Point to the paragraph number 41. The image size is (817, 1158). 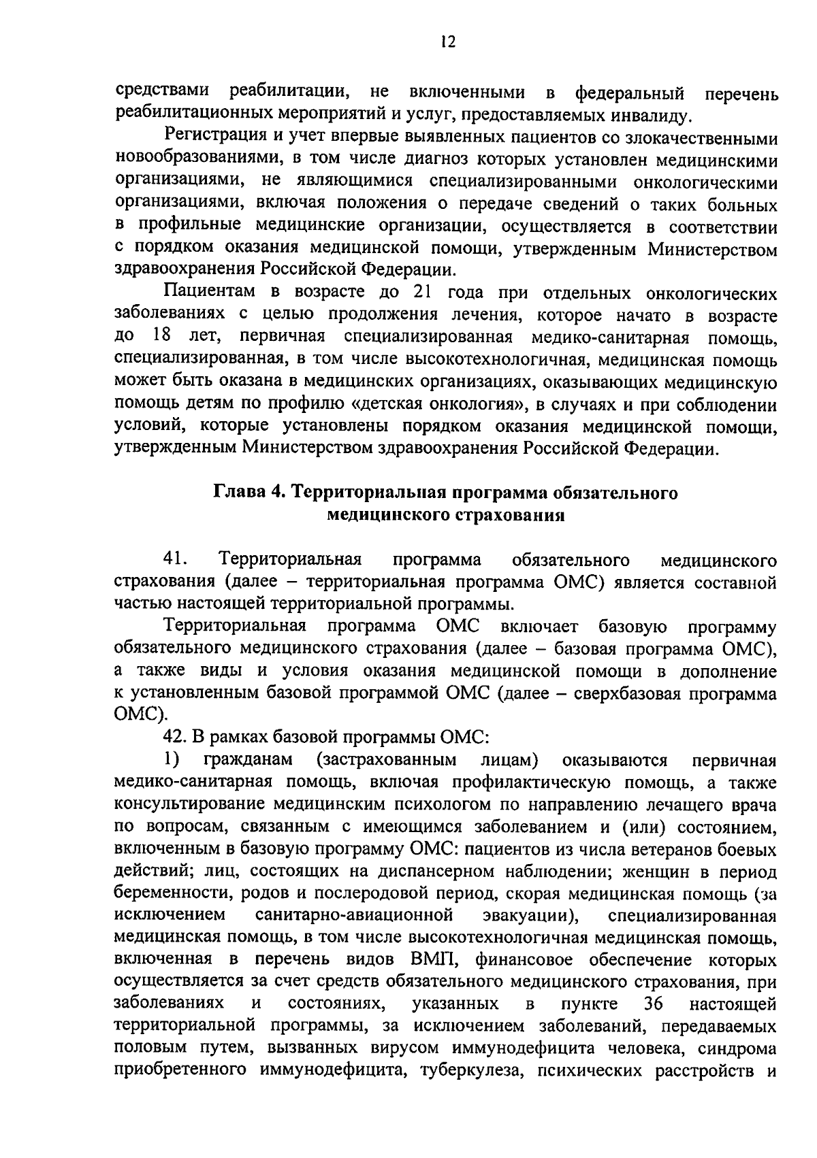point(176,559)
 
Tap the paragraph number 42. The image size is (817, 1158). point(176,736)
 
